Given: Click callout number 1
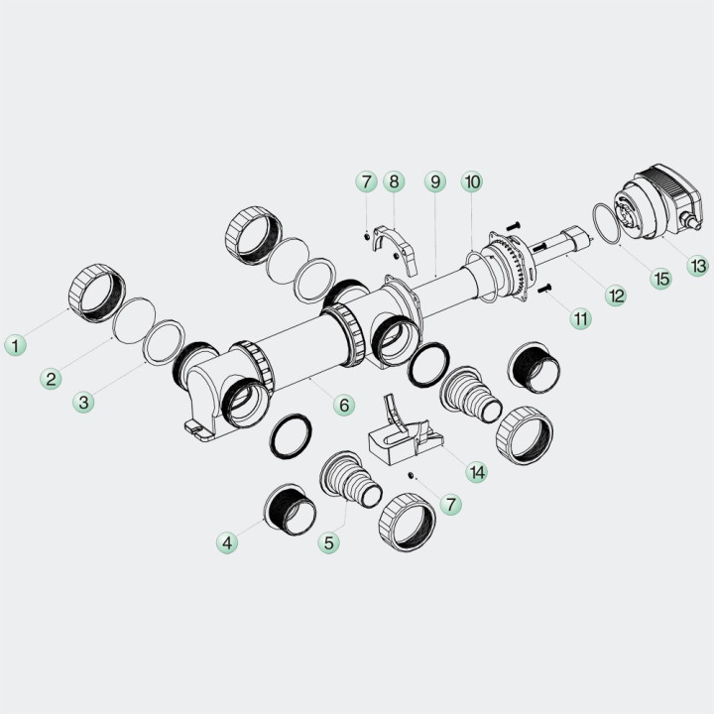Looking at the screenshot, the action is (x=16, y=345).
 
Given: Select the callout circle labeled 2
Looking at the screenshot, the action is (x=51, y=379).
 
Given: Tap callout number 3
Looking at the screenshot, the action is (x=83, y=402).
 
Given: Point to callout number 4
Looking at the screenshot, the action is (x=227, y=542).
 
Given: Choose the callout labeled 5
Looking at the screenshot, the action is (x=329, y=542).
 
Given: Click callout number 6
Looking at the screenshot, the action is (x=344, y=405).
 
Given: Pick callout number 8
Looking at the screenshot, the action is (x=394, y=181).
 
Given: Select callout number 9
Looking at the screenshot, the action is (x=435, y=181).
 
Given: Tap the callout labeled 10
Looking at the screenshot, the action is (x=472, y=181).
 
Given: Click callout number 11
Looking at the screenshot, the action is (x=581, y=318).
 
